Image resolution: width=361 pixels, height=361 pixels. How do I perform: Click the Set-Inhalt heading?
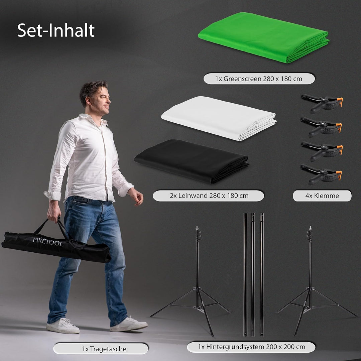point(56,30)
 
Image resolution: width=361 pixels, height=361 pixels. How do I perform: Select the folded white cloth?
point(219,118)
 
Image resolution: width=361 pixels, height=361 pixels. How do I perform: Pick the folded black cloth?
point(192,161)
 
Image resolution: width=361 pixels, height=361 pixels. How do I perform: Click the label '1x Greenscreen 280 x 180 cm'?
point(259,79)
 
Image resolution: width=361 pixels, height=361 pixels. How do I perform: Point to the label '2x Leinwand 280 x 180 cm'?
point(208,196)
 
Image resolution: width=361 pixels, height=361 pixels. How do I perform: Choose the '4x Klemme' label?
point(322,196)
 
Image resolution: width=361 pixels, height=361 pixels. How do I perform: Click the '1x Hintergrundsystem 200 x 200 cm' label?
point(251,347)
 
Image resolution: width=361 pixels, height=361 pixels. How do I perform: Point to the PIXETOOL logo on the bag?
point(47,242)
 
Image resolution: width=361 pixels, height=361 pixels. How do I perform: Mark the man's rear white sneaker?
point(63,326)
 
